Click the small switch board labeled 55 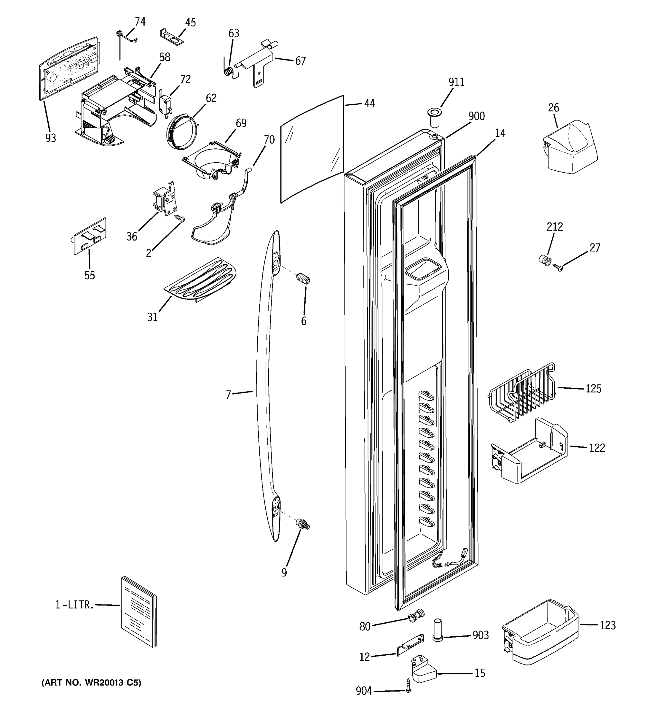(90, 236)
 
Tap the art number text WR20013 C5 (91, 683)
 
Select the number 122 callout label (597, 448)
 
